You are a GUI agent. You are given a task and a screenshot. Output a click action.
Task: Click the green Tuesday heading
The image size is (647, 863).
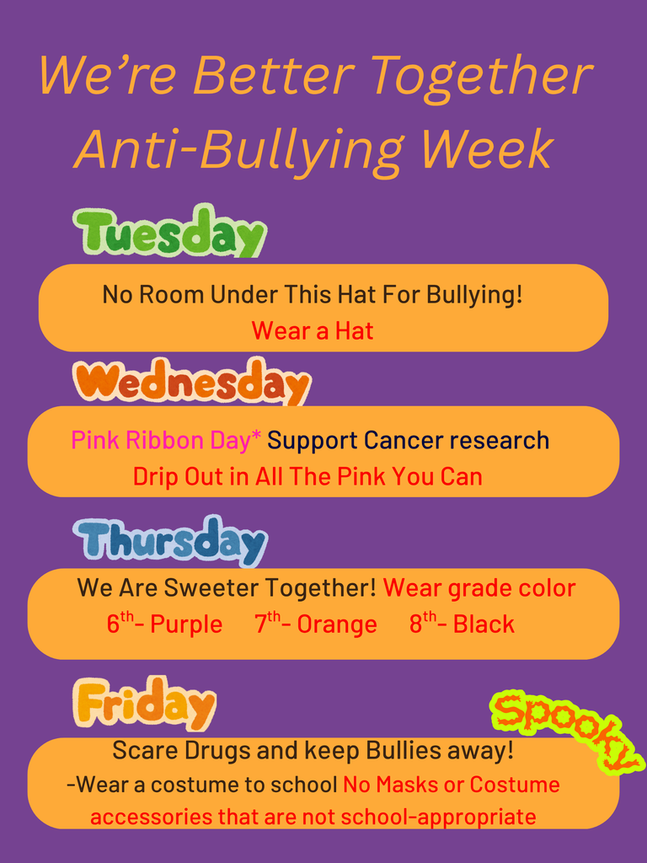169,233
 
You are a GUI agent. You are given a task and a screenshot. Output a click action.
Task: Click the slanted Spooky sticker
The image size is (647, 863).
566,730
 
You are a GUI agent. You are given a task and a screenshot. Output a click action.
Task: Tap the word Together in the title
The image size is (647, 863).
481,75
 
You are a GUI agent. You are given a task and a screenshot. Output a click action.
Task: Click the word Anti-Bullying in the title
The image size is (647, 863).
239,149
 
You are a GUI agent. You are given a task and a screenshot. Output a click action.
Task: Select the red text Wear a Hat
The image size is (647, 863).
312,331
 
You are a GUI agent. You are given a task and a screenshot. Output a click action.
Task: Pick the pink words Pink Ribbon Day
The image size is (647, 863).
161,440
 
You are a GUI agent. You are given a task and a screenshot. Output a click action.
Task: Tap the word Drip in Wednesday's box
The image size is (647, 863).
155,476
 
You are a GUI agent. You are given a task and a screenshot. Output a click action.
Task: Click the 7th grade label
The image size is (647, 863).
268,624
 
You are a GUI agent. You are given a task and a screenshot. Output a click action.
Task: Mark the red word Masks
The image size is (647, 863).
406,785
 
